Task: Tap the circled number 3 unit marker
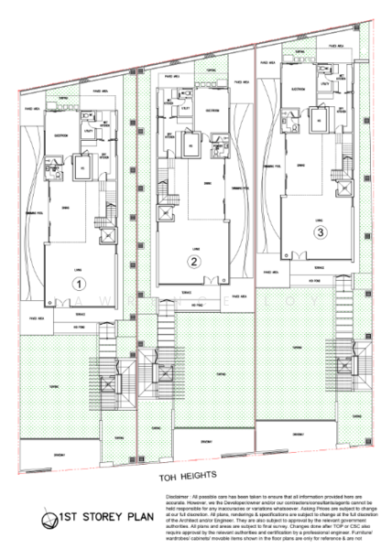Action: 319,232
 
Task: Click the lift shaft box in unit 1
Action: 82,170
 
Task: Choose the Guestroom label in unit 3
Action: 298,89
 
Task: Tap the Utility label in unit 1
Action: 92,133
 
